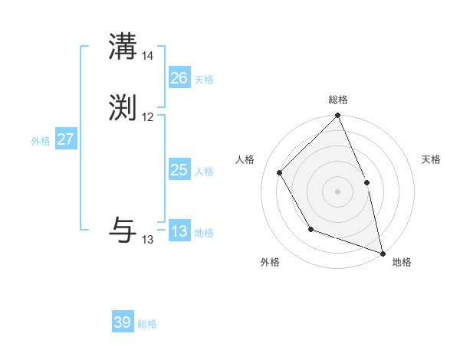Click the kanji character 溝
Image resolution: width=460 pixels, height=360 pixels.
[x=123, y=46]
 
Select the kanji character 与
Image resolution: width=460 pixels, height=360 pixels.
[x=123, y=228]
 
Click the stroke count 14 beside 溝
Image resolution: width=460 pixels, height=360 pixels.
[x=147, y=56]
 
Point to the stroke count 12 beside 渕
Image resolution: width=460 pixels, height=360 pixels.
[x=147, y=117]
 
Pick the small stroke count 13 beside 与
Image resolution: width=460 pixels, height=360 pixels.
[x=147, y=240]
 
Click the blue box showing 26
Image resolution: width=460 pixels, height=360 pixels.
[x=179, y=78]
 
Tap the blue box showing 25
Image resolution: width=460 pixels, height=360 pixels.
[x=179, y=170]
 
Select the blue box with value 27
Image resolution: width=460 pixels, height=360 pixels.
[x=65, y=139]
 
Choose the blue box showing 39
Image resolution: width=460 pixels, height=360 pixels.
[x=123, y=322]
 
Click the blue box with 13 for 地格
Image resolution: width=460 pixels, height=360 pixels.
[x=179, y=231]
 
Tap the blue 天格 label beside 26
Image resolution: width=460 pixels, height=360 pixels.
[x=204, y=80]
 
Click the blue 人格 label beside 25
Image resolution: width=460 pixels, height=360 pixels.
[x=204, y=172]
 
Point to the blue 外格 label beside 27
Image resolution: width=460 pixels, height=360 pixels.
[x=41, y=141]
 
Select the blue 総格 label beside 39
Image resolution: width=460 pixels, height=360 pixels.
[x=147, y=324]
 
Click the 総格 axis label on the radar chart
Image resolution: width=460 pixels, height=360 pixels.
[x=337, y=100]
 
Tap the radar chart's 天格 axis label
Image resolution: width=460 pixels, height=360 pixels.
[x=431, y=159]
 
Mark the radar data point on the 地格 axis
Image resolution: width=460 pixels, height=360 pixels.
[x=383, y=254]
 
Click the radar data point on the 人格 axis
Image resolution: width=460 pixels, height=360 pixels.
[x=280, y=172]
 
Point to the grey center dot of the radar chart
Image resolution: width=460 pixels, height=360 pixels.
[x=337, y=191]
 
